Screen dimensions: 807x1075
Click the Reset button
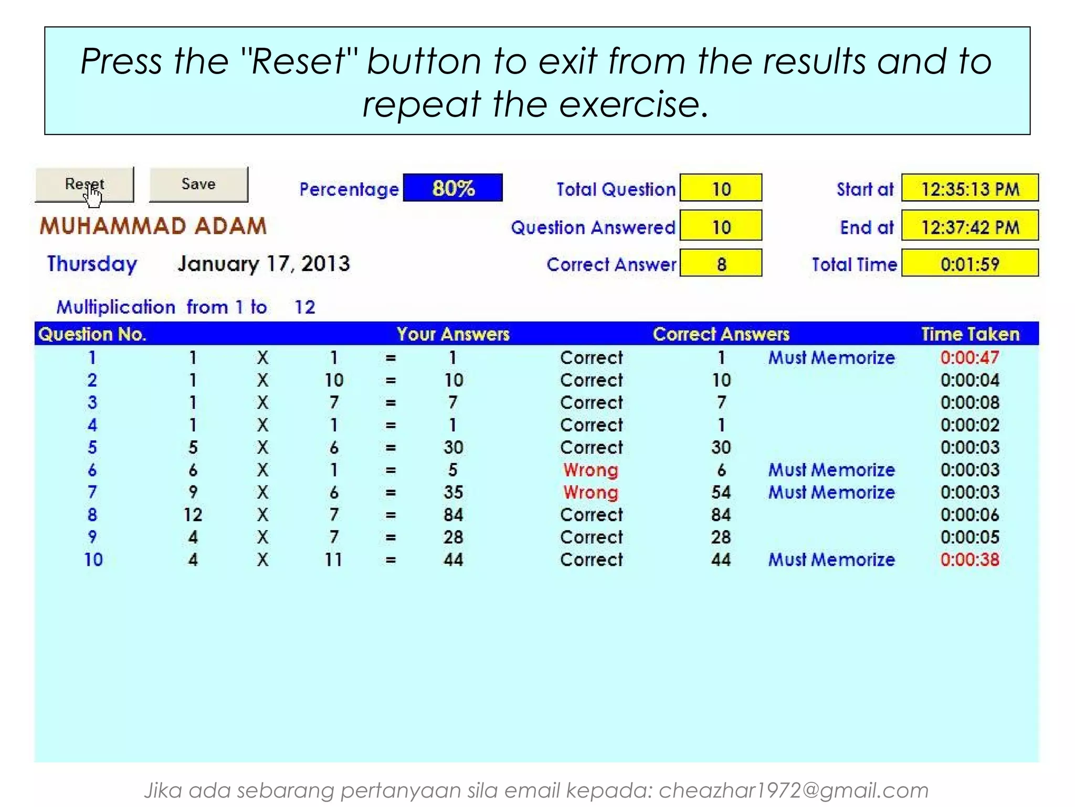point(84,184)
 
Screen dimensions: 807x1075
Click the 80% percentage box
point(452,188)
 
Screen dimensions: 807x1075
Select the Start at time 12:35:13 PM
point(969,188)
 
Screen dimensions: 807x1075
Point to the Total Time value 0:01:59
point(969,263)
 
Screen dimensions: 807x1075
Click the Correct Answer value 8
point(721,263)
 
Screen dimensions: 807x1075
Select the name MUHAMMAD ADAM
point(153,226)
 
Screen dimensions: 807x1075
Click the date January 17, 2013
point(264,263)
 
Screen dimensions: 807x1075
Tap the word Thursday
point(92,263)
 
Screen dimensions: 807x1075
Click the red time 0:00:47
point(969,358)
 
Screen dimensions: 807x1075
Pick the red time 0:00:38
point(969,560)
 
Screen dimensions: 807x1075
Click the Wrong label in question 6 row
point(591,470)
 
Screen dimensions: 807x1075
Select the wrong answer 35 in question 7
point(453,492)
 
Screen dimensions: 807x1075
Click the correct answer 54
point(721,492)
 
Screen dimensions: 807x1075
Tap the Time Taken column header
point(970,334)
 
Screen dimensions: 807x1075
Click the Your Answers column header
point(453,334)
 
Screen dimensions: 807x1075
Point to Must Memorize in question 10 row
point(831,560)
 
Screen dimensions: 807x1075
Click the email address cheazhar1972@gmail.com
point(793,790)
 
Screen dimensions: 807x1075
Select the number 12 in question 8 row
point(193,515)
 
